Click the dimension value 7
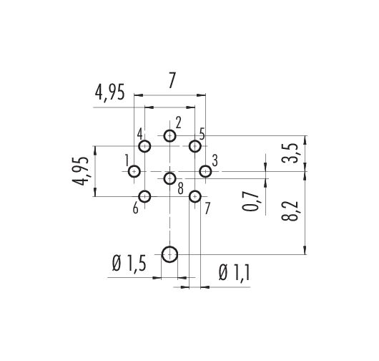point(172,80)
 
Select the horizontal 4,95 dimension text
point(109,92)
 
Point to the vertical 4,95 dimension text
point(81,171)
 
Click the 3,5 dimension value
point(290,153)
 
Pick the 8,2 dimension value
point(290,211)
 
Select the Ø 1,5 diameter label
point(129,264)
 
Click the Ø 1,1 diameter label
point(235,272)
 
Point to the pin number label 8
point(180,189)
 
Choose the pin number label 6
point(136,208)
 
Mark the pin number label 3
point(215,160)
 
